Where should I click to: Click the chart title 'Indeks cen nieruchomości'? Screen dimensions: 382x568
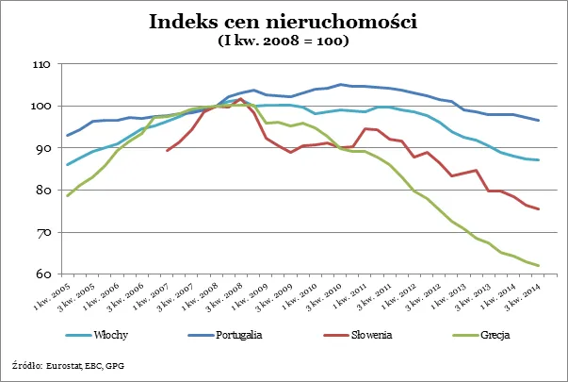click(x=284, y=22)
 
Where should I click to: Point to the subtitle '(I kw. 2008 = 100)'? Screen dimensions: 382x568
click(x=284, y=41)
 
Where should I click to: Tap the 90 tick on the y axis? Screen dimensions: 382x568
click(x=41, y=149)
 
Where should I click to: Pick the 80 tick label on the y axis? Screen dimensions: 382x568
click(x=41, y=191)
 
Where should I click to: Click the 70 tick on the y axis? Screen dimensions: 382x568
click(x=41, y=233)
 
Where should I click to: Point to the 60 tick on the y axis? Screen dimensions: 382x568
click(x=41, y=274)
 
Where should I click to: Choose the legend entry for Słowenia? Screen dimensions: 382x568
click(x=371, y=335)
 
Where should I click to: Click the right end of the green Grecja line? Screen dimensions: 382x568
click(x=538, y=265)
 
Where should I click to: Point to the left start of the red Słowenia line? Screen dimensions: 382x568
click(x=167, y=151)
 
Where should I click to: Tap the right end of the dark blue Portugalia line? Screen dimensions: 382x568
click(x=538, y=120)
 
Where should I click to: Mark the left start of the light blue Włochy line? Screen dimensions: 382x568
click(x=67, y=165)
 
